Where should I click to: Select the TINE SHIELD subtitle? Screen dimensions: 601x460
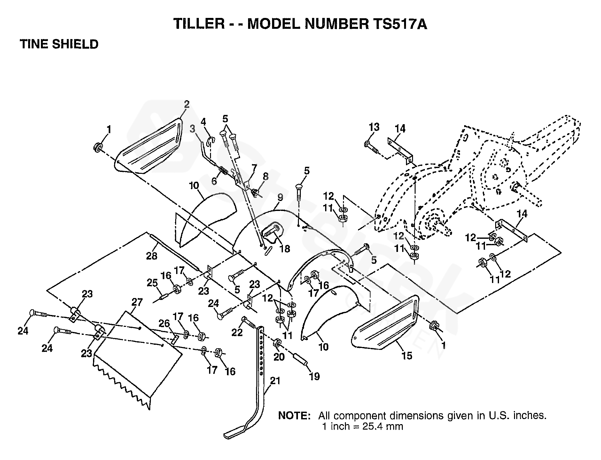(59, 44)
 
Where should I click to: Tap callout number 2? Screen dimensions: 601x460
(187, 104)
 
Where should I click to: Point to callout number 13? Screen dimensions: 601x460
(374, 127)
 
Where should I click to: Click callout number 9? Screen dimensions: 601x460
(280, 198)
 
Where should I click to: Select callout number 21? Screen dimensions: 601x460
(275, 381)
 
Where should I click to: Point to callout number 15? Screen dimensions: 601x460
(407, 356)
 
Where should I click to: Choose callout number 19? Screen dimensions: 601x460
(314, 376)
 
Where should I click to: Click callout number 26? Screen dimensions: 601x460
(164, 323)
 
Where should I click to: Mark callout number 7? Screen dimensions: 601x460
(254, 167)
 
